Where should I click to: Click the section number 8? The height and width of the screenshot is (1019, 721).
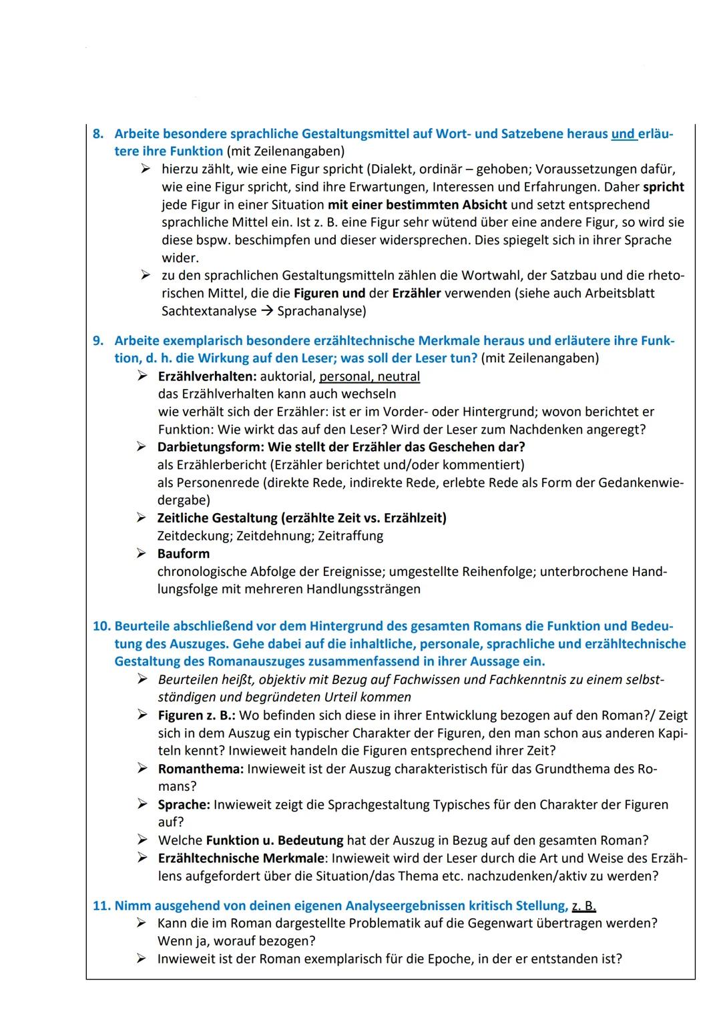pos(98,134)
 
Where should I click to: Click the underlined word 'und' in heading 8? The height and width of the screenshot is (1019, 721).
pos(623,134)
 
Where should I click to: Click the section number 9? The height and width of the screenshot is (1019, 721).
pos(98,341)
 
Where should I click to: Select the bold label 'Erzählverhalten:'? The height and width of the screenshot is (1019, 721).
pos(207,376)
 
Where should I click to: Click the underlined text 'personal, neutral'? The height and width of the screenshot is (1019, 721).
pos(370,376)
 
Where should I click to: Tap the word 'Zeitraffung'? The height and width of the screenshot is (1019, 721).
pos(350,536)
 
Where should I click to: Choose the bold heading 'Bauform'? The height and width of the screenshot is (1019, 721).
pos(184,554)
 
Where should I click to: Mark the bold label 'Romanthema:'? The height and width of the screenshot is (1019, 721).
pos(201,769)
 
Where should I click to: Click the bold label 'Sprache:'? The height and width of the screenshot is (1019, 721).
pos(184,805)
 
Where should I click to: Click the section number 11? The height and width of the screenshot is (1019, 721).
pos(101,906)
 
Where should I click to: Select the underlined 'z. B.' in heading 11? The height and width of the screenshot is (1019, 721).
pos(583,906)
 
